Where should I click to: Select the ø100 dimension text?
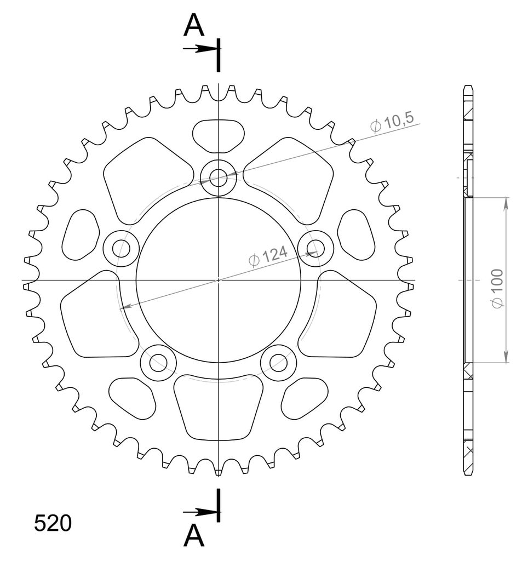click(497, 288)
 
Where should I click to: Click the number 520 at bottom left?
click(53, 523)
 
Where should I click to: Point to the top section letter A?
click(193, 25)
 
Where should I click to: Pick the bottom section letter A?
click(193, 536)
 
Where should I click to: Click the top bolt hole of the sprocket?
click(218, 178)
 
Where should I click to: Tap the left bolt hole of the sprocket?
click(121, 248)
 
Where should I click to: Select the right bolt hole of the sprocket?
click(315, 248)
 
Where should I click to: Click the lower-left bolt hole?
click(158, 363)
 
